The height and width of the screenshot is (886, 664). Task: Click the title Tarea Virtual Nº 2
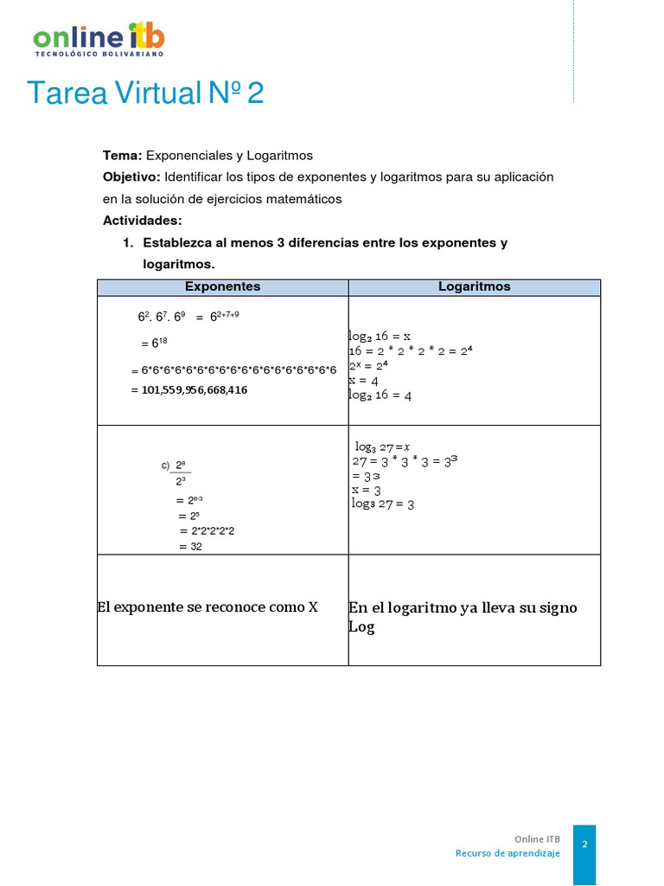point(145,93)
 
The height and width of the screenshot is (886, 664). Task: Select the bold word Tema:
point(122,155)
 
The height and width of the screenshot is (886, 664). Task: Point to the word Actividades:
point(143,221)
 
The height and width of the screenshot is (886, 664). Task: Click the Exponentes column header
point(223,286)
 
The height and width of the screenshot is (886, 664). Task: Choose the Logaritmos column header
point(474,286)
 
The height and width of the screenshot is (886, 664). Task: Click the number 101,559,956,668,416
point(189,390)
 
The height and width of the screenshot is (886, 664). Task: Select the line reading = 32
point(190,547)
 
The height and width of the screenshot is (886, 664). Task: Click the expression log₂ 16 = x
point(380,336)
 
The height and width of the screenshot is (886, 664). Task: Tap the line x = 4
point(363,380)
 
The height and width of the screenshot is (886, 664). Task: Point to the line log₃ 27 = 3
point(383,504)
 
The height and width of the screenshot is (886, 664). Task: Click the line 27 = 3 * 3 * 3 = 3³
point(404,461)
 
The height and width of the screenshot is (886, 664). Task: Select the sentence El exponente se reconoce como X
point(207,607)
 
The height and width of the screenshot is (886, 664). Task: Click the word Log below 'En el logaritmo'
point(361,627)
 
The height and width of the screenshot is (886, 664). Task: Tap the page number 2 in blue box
point(584,844)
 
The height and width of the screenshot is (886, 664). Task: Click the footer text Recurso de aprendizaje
point(508,853)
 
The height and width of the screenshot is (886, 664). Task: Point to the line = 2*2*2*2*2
point(207,530)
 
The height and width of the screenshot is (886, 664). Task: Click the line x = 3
point(366,490)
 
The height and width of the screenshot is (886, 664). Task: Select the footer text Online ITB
point(537,838)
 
